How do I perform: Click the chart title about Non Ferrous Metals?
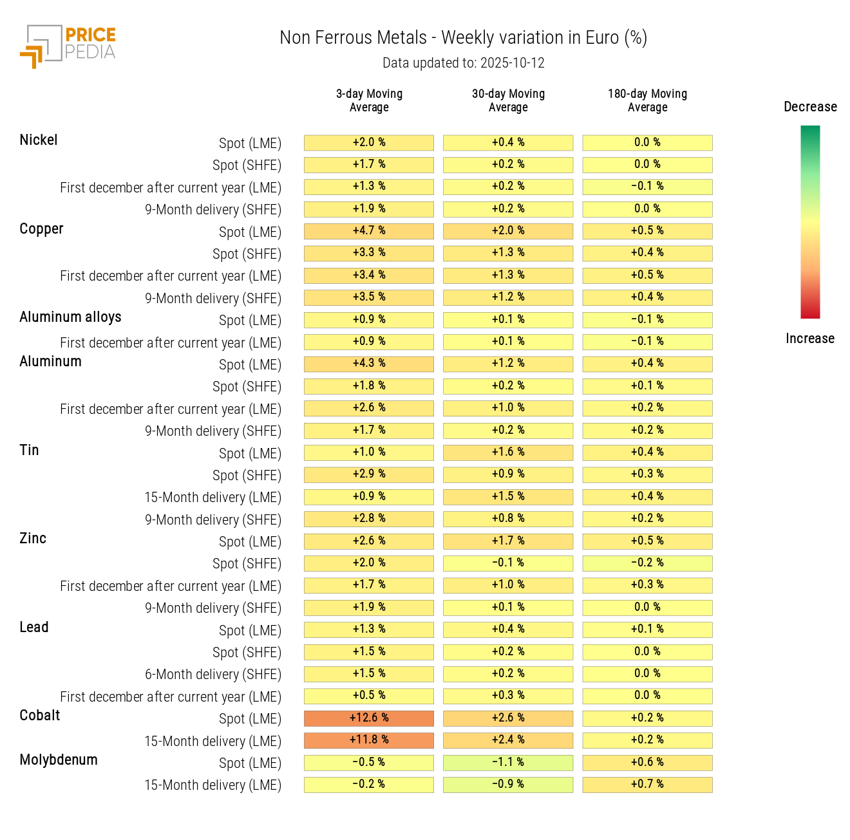pyautogui.click(x=463, y=38)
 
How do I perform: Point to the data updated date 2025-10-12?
pyautogui.click(x=463, y=63)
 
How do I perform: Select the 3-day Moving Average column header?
pyautogui.click(x=369, y=100)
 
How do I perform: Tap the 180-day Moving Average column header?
pyautogui.click(x=647, y=100)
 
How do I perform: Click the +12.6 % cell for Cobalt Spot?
pyautogui.click(x=369, y=718)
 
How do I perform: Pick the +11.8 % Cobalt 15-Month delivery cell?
pyautogui.click(x=369, y=740)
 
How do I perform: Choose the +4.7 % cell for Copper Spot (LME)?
pyautogui.click(x=369, y=230)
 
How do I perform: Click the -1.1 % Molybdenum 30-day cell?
pyautogui.click(x=508, y=762)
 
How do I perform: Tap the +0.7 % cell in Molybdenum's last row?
pyautogui.click(x=647, y=784)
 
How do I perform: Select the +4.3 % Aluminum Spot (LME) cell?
pyautogui.click(x=369, y=363)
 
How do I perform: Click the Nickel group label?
pyautogui.click(x=39, y=140)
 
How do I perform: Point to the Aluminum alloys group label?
pyautogui.click(x=70, y=317)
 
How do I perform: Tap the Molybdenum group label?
pyautogui.click(x=59, y=760)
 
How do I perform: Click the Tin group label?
pyautogui.click(x=29, y=450)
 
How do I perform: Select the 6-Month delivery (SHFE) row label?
pyautogui.click(x=213, y=675)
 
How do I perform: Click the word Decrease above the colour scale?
pyautogui.click(x=810, y=107)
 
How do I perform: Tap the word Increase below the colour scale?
pyautogui.click(x=810, y=339)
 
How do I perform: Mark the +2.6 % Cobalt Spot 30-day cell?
pyautogui.click(x=508, y=718)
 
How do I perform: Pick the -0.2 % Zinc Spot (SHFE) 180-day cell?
pyautogui.click(x=647, y=563)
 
